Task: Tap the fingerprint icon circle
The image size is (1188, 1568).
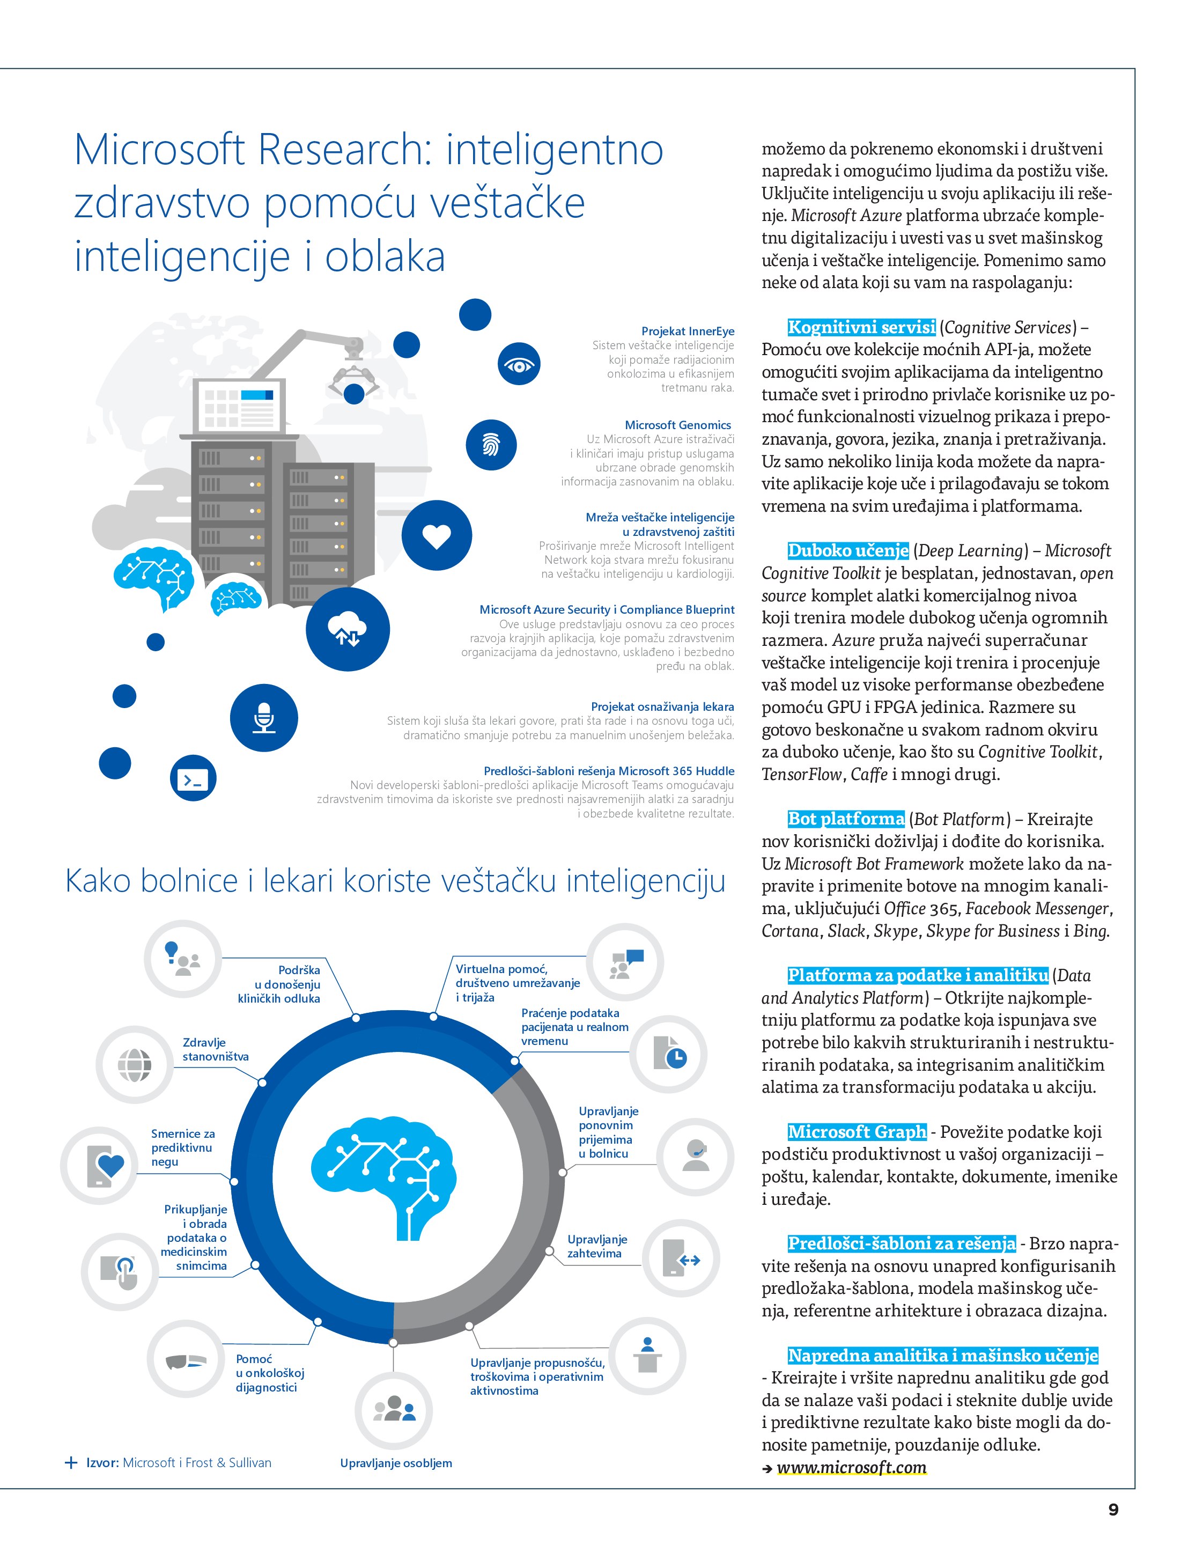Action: click(x=491, y=445)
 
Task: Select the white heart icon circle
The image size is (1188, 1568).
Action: click(x=437, y=535)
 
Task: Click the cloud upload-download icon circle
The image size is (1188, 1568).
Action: click(x=348, y=629)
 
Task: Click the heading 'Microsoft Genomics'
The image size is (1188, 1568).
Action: click(x=677, y=425)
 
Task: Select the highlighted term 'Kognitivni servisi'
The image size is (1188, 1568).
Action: click(x=861, y=327)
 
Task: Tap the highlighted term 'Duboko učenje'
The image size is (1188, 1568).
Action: click(x=848, y=551)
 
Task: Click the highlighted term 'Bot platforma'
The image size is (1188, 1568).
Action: click(x=846, y=819)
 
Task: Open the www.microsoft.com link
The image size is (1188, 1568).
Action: click(x=851, y=1467)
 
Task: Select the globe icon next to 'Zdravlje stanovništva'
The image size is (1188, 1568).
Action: click(x=135, y=1065)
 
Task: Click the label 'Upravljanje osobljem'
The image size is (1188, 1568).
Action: click(x=395, y=1463)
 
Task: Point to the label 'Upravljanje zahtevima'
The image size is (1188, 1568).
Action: click(x=597, y=1246)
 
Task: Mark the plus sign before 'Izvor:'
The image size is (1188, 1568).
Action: click(x=71, y=1462)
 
